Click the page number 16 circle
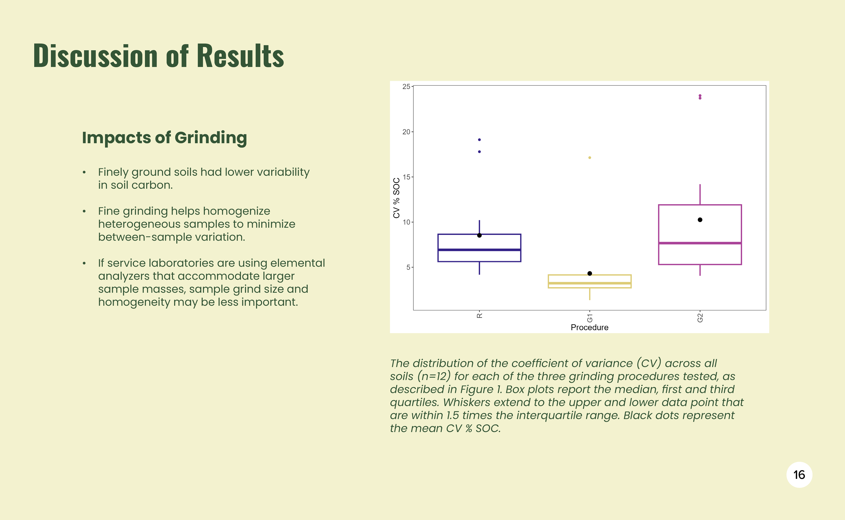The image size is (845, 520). pyautogui.click(x=799, y=475)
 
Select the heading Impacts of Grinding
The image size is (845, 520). pyautogui.click(x=164, y=138)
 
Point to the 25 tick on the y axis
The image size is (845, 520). pyautogui.click(x=406, y=87)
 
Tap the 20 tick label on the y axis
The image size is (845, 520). pyautogui.click(x=406, y=132)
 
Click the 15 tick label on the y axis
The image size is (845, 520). pyautogui.click(x=406, y=177)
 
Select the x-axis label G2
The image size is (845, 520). pyautogui.click(x=700, y=318)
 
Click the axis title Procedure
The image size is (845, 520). pyautogui.click(x=590, y=327)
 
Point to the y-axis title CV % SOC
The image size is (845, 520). pyautogui.click(x=396, y=198)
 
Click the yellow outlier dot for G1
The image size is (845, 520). pyautogui.click(x=590, y=158)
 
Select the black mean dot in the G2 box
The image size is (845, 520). pyautogui.click(x=700, y=220)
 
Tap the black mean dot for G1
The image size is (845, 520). pyautogui.click(x=590, y=273)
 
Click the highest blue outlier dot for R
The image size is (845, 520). pyautogui.click(x=479, y=140)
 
